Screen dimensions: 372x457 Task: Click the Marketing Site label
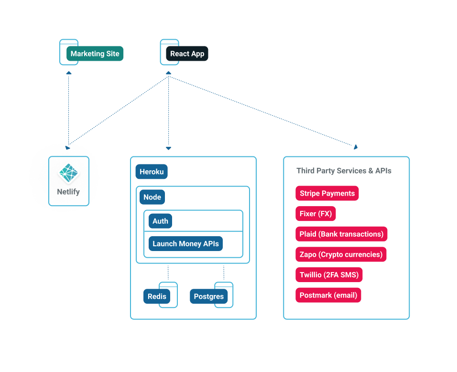pyautogui.click(x=95, y=54)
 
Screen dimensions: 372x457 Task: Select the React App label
pyautogui.click(x=187, y=54)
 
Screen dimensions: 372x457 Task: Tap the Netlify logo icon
pyautogui.click(x=69, y=174)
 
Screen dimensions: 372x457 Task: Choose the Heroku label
pyautogui.click(x=152, y=172)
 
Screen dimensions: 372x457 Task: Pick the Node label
pyautogui.click(x=152, y=197)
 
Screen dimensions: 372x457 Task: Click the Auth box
pyautogui.click(x=160, y=221)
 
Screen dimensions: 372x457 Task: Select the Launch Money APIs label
pyautogui.click(x=185, y=244)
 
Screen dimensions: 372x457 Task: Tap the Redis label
pyautogui.click(x=157, y=296)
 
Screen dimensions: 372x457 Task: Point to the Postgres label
pyautogui.click(x=209, y=296)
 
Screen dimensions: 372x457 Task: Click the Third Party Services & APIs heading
pyautogui.click(x=344, y=171)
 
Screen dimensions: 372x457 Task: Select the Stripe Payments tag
pyautogui.click(x=327, y=194)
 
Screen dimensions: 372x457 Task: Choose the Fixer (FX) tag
pyautogui.click(x=316, y=214)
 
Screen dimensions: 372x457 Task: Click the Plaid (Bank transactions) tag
pyautogui.click(x=341, y=234)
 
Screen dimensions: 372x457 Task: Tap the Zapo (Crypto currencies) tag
pyautogui.click(x=341, y=254)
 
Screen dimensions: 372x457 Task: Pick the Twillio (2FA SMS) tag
pyautogui.click(x=329, y=275)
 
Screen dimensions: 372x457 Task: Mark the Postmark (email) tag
pyautogui.click(x=328, y=295)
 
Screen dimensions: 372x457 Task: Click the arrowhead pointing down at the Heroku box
pyautogui.click(x=168, y=148)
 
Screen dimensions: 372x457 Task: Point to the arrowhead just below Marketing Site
pyautogui.click(x=69, y=73)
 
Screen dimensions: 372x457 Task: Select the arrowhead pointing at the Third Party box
pyautogui.click(x=355, y=147)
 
